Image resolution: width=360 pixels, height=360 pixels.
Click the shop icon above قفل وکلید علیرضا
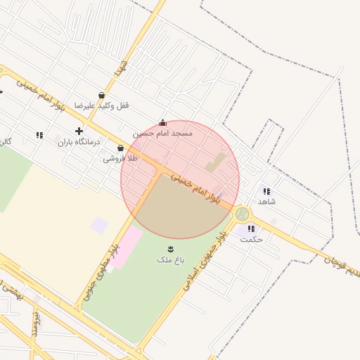[x=102, y=95]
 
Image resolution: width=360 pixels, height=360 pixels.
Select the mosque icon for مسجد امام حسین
[x=163, y=122]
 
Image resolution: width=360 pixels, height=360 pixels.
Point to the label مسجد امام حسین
[x=162, y=133]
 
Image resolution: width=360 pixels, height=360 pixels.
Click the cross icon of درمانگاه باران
[x=79, y=131]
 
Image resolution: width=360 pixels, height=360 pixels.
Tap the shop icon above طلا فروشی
[x=121, y=148]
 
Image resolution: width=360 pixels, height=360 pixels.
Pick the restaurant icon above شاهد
[x=266, y=191]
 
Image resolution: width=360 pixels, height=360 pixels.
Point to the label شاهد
[x=266, y=202]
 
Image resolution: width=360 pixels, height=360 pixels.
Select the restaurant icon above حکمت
[x=251, y=228]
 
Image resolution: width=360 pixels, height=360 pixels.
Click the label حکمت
[x=251, y=239]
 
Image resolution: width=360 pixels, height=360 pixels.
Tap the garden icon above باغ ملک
[x=170, y=249]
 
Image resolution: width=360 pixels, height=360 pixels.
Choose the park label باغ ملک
[x=170, y=260]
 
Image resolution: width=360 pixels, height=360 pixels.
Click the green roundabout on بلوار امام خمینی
[x=242, y=214]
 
